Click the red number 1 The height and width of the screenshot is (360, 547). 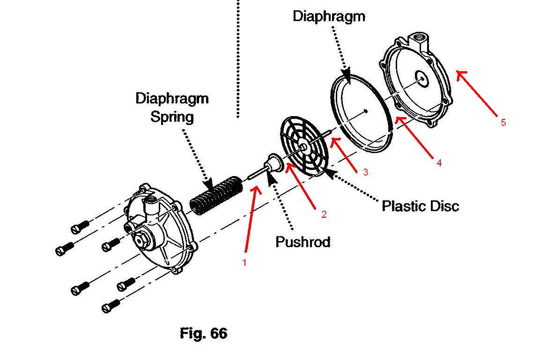[x=244, y=263]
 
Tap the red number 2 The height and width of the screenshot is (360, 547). [x=324, y=214]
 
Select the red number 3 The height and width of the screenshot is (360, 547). [x=366, y=172]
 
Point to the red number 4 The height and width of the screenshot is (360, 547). [x=439, y=162]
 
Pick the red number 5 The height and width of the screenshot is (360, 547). [x=503, y=123]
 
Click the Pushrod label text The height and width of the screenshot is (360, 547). [x=303, y=242]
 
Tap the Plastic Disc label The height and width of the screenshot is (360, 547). [x=421, y=206]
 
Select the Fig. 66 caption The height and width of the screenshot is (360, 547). [x=203, y=333]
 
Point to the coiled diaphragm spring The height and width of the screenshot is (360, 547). [x=216, y=195]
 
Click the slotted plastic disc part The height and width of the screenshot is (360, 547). [x=304, y=146]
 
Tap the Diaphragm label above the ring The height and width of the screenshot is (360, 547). [x=329, y=16]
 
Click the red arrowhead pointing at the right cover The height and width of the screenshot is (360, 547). [x=461, y=74]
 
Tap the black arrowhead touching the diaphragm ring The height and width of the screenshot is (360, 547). [x=347, y=77]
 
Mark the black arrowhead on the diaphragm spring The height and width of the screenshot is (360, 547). [x=208, y=184]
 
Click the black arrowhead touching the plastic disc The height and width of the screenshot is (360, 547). [x=329, y=172]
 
